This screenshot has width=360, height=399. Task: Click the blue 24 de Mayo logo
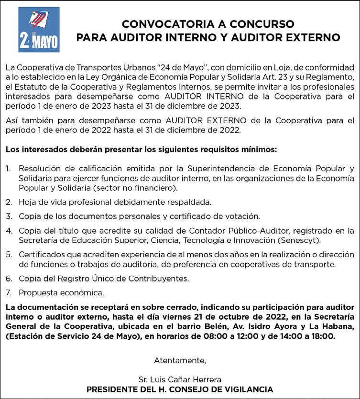39,29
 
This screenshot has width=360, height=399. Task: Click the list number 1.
9,168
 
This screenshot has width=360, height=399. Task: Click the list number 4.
9,230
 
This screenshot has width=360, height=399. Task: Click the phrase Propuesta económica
61,292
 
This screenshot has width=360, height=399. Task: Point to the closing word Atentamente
180,359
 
